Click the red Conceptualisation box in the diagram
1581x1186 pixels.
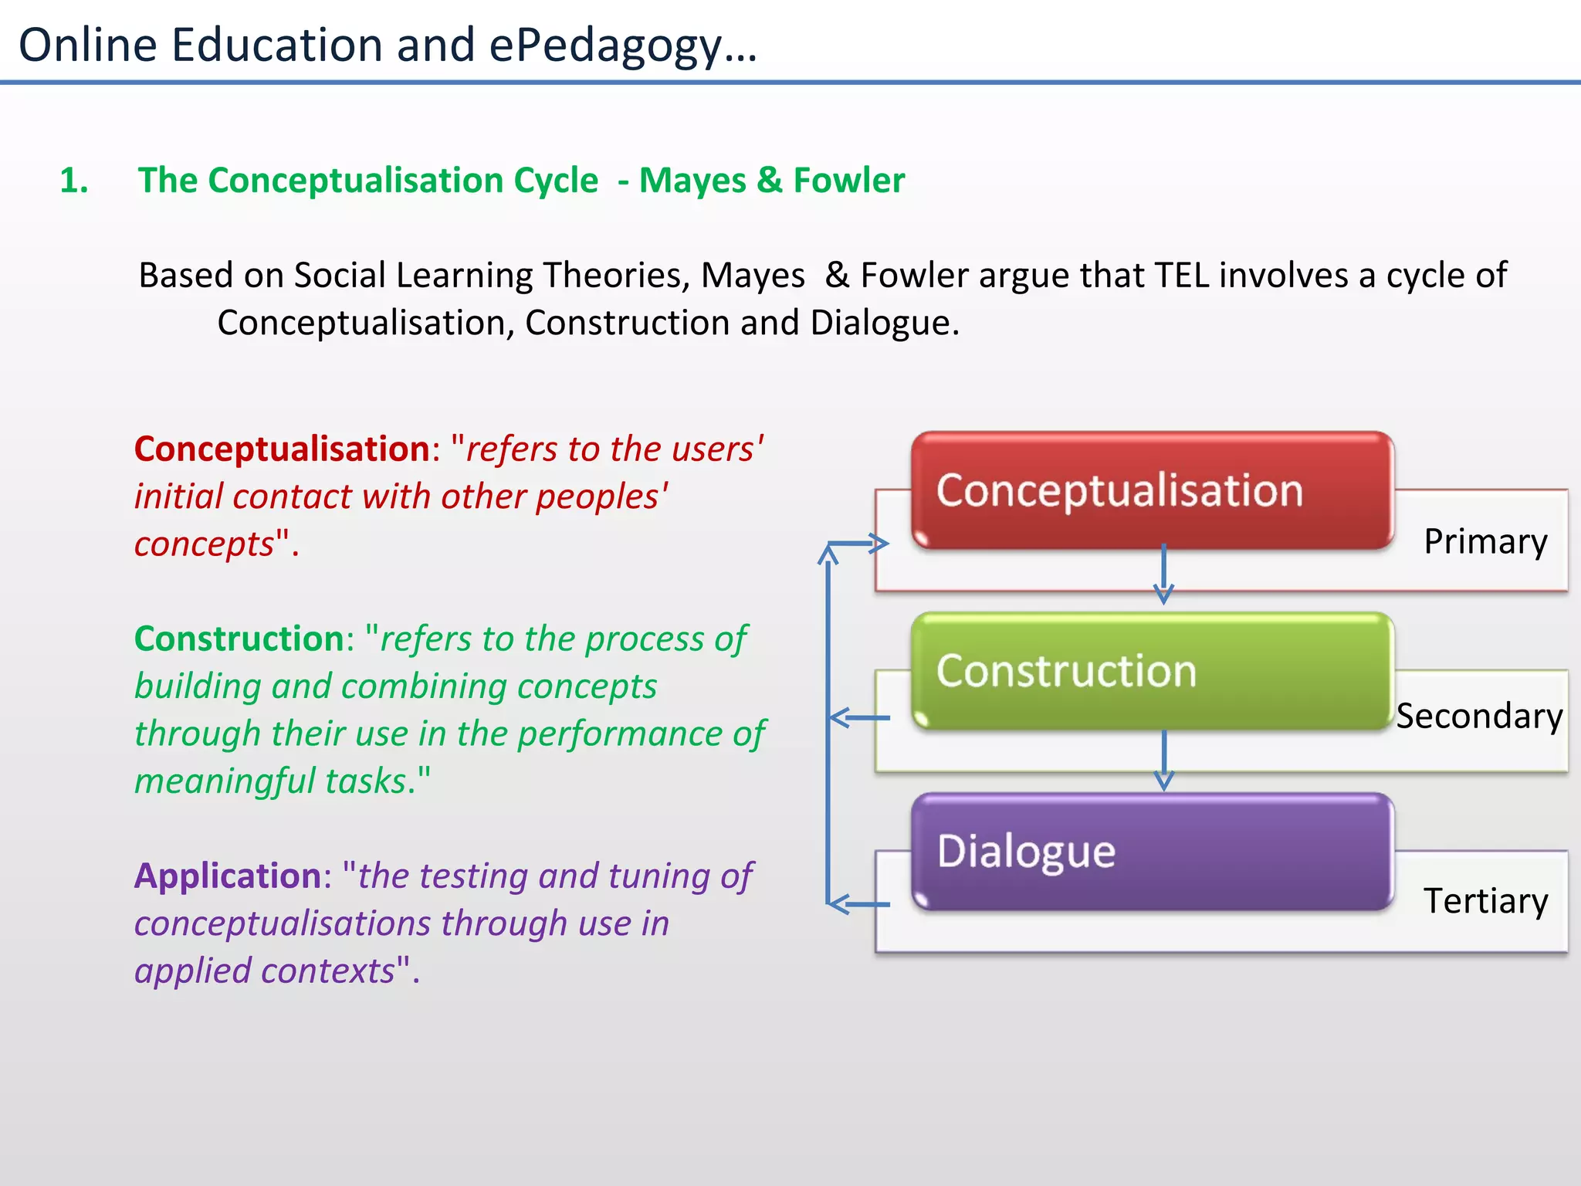coord(1152,491)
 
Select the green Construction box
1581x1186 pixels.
coord(1152,671)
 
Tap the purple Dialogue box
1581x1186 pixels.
coord(1152,852)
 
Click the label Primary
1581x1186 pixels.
coord(1485,541)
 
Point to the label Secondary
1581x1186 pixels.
coord(1479,717)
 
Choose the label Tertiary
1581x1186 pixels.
coord(1485,901)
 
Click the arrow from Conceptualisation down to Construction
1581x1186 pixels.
coord(1163,574)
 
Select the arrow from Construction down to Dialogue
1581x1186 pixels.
coord(1163,760)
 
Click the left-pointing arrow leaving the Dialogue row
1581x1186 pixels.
coord(857,903)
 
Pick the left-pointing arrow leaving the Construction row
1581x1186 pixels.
coord(857,718)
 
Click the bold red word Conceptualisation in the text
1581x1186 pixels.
coord(282,449)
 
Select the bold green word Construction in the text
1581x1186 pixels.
coord(239,639)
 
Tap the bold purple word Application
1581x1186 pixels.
coord(228,876)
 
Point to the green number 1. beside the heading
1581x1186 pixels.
coord(74,181)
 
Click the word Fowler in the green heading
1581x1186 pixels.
coord(849,181)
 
